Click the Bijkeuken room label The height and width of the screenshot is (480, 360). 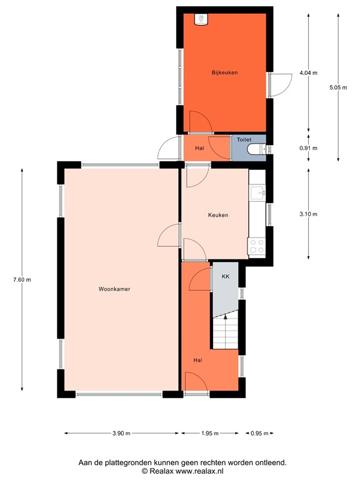pos(224,72)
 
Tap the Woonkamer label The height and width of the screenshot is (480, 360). pos(114,289)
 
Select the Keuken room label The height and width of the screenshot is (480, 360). pos(218,215)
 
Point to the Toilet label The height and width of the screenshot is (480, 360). pos(244,139)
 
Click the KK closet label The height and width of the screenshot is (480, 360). pos(226,276)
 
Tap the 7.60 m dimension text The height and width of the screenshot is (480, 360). pos(22,279)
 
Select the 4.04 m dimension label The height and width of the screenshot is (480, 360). pos(308,73)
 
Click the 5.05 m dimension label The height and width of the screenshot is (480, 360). pos(338,87)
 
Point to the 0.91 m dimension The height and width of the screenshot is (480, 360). pos(308,148)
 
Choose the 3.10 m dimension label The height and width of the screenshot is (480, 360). pos(308,214)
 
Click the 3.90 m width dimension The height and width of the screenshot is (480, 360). pos(121,433)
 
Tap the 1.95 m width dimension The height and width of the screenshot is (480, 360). pos(210,433)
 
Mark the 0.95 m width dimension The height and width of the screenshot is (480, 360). pos(259,433)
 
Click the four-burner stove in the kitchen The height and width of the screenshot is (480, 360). pos(257,246)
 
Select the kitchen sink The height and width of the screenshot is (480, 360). pos(257,193)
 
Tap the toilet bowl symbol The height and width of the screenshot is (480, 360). pos(256,149)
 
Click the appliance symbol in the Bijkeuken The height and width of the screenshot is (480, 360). pos(201,19)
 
